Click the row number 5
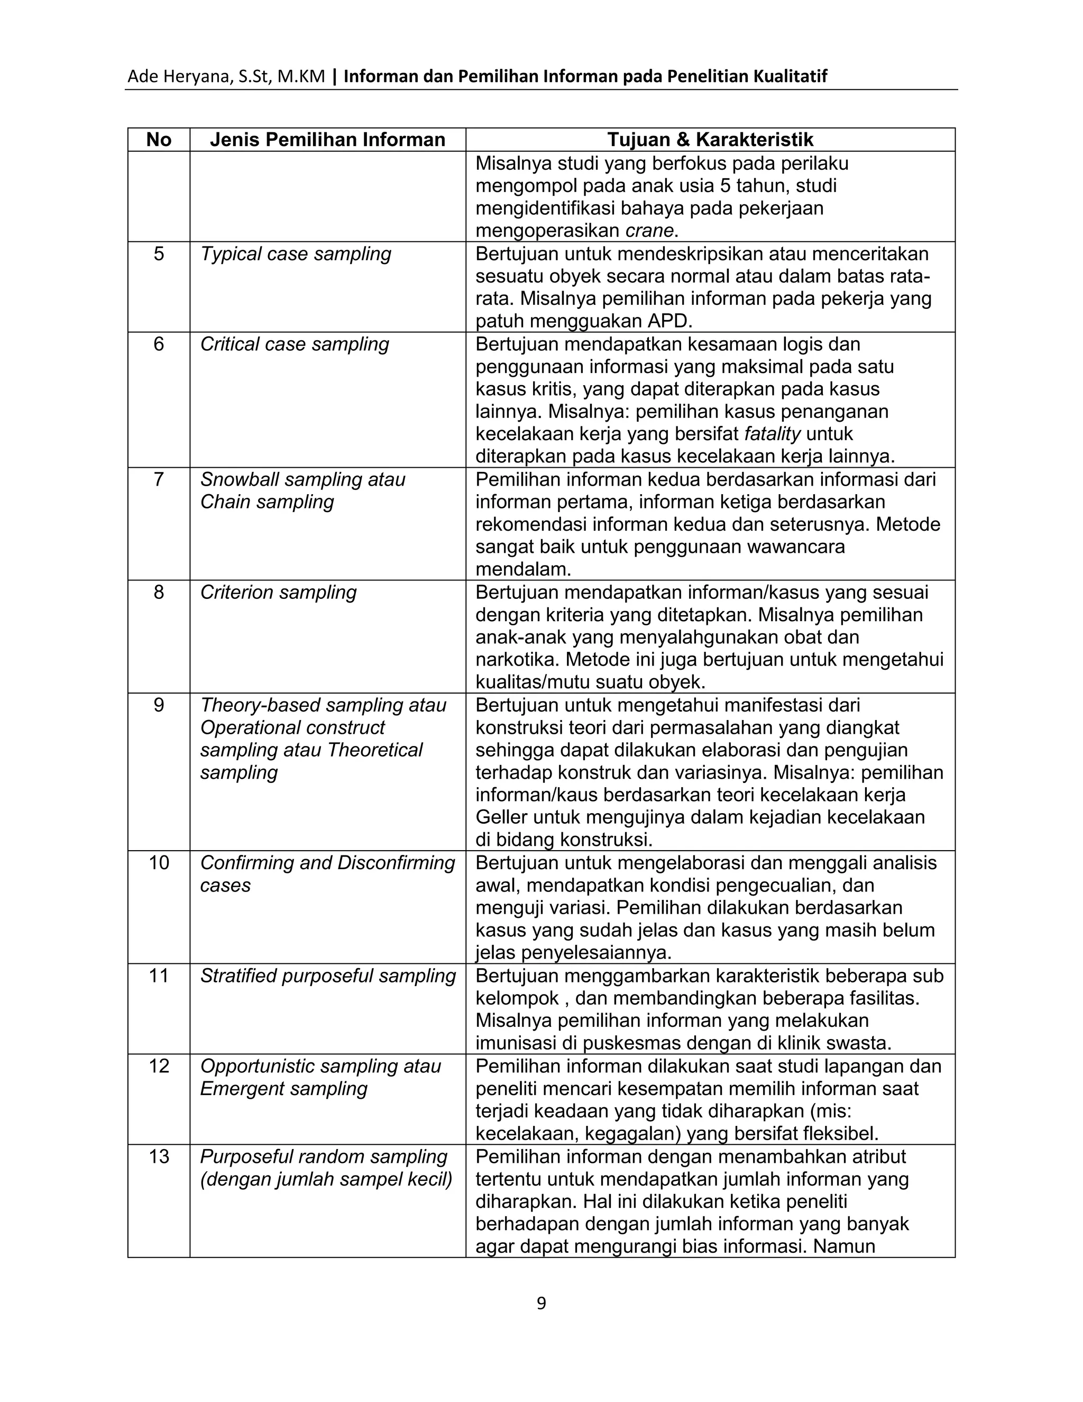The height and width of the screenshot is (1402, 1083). tap(159, 254)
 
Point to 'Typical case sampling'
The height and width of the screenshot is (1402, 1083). tap(295, 254)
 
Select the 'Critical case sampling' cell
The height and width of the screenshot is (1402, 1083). tap(295, 345)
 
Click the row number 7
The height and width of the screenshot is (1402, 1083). tap(159, 479)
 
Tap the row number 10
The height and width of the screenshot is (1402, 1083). tap(159, 863)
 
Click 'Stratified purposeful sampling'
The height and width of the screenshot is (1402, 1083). tap(327, 976)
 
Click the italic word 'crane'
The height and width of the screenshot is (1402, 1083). tap(649, 231)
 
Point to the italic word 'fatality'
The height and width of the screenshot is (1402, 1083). tap(772, 434)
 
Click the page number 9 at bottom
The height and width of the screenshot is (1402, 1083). tap(541, 1304)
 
